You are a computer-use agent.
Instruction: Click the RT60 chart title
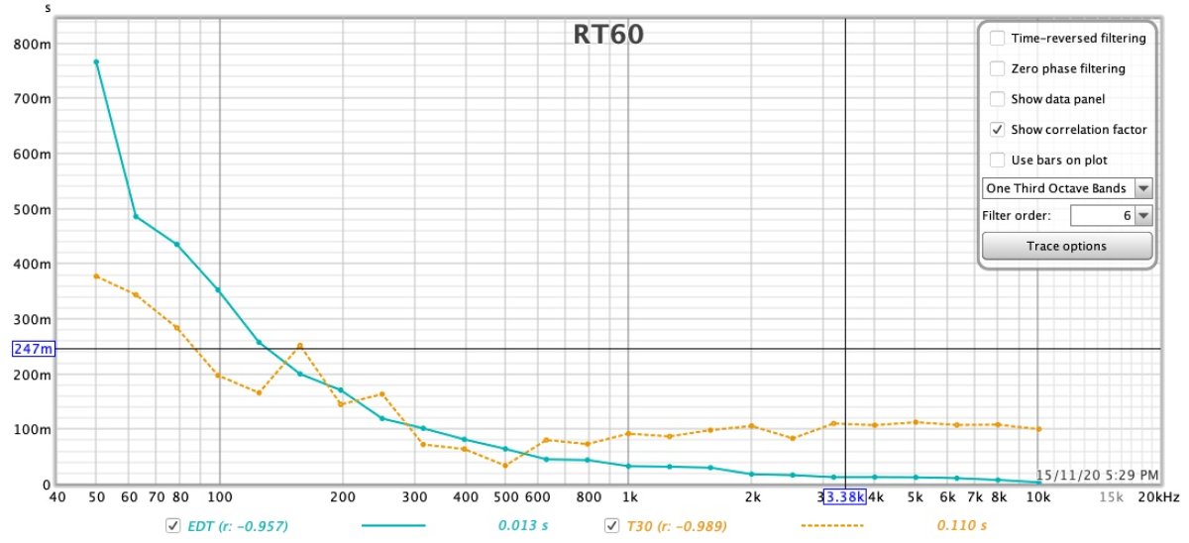pyautogui.click(x=607, y=35)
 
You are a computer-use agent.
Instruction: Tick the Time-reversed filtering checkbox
pyautogui.click(x=997, y=39)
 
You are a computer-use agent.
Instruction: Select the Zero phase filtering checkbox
pyautogui.click(x=997, y=69)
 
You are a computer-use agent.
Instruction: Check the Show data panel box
pyautogui.click(x=997, y=99)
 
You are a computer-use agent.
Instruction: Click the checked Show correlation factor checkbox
pyautogui.click(x=997, y=130)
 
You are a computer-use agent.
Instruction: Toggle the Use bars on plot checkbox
pyautogui.click(x=997, y=161)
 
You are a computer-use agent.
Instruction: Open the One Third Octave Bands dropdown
pyautogui.click(x=1067, y=188)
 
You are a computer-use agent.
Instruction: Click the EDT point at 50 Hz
pyautogui.click(x=96, y=62)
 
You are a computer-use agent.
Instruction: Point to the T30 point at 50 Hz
pyautogui.click(x=96, y=275)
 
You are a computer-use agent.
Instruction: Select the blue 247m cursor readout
pyautogui.click(x=34, y=349)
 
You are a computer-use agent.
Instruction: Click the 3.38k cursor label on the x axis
pyautogui.click(x=844, y=496)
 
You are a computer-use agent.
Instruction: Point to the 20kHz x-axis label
pyautogui.click(x=1159, y=496)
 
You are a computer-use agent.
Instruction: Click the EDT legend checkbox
pyautogui.click(x=172, y=525)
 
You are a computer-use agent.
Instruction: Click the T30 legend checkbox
pyautogui.click(x=611, y=525)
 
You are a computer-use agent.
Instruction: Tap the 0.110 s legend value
pyautogui.click(x=962, y=525)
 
